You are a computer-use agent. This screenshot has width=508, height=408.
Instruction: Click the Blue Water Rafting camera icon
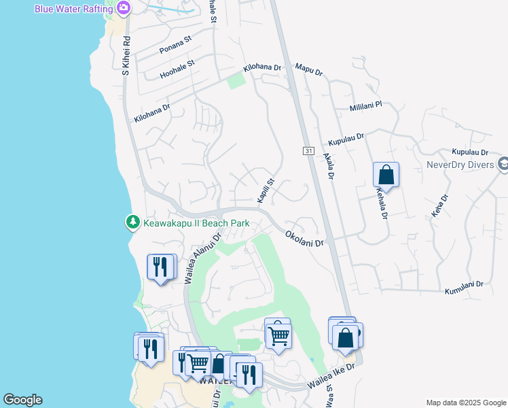pos(123,8)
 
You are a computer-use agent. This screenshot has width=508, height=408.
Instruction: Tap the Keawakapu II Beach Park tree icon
pos(133,222)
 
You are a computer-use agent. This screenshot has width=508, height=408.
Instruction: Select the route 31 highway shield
pos(308,150)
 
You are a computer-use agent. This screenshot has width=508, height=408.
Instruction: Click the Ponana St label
pos(176,46)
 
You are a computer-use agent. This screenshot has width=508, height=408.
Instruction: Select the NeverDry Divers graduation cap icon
pos(503,164)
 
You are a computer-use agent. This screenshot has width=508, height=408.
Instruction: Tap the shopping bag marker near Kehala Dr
pos(386,175)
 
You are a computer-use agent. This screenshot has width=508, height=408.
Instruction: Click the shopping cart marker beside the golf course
pos(277,334)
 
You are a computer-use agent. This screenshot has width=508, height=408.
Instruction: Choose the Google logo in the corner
pos(22,400)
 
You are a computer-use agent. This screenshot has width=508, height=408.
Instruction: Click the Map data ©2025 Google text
pos(465,403)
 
